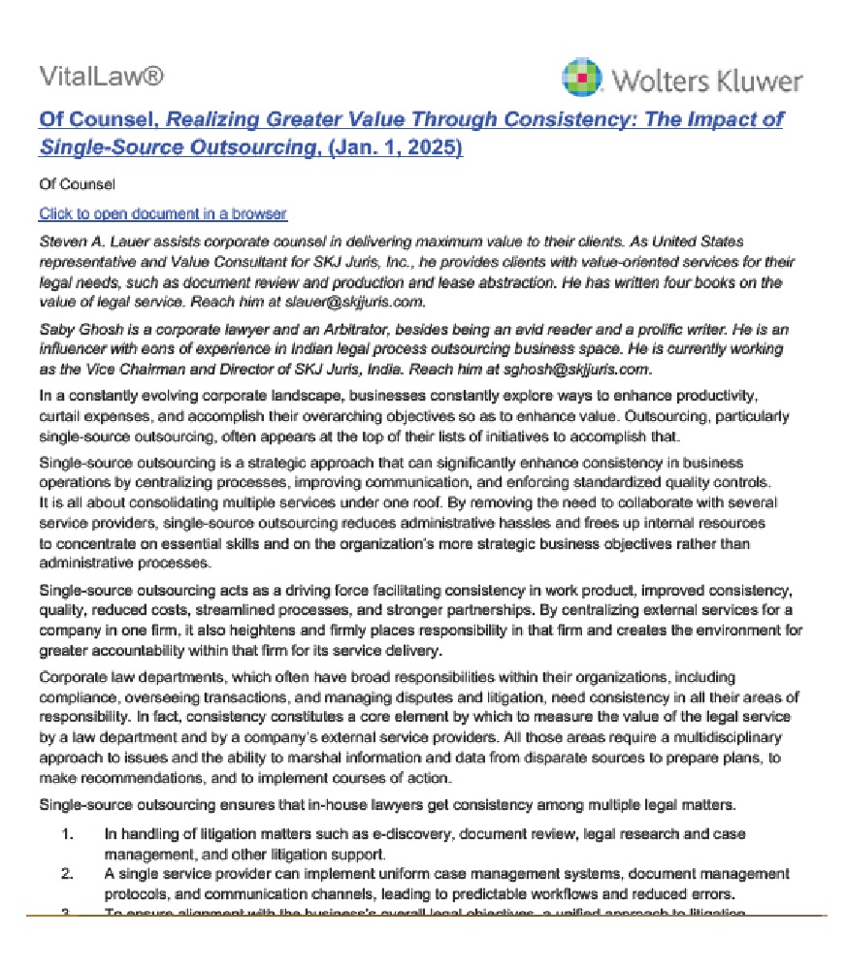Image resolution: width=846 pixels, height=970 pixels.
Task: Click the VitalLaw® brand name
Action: point(101,77)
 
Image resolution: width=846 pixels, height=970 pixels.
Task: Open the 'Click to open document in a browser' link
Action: point(163,213)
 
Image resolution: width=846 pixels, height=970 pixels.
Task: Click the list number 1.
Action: point(67,834)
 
